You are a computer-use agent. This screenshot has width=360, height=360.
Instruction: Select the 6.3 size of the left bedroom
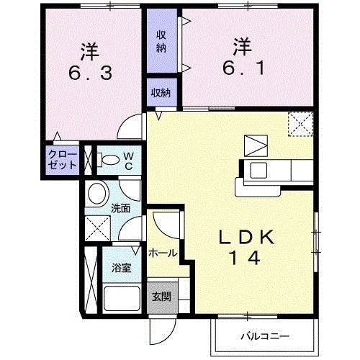[x=89, y=73]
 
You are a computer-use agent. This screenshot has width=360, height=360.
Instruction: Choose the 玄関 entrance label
[x=161, y=297]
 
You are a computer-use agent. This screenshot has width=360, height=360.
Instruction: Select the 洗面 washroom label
[x=120, y=210]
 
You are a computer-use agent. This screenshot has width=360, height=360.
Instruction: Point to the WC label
[x=128, y=160]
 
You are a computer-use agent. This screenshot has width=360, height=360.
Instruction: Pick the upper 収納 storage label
[x=161, y=42]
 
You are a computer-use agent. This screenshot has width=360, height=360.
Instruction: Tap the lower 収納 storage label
[x=161, y=91]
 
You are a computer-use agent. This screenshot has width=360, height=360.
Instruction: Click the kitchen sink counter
[x=274, y=171]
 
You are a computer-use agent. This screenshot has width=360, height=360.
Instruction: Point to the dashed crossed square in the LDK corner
[x=299, y=124]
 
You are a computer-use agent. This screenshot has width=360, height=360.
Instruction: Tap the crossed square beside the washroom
[x=96, y=229]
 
